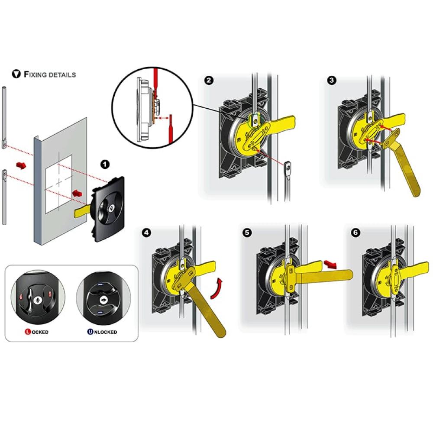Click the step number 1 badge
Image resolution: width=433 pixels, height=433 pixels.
pos(105,164)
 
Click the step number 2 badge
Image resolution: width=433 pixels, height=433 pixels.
pos(209,81)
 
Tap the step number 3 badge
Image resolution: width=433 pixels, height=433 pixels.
pos(331,81)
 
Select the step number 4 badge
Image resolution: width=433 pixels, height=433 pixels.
pos(146,233)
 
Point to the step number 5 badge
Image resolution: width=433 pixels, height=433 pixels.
pos(247,233)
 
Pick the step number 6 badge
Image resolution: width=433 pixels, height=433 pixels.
pos(355,233)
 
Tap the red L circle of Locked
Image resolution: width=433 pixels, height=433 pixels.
pos(28,332)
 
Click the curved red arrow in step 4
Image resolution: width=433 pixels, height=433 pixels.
pos(217,288)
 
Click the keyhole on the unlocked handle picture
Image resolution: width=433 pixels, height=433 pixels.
pos(103,300)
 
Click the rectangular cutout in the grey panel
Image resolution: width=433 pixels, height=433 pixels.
pos(58,184)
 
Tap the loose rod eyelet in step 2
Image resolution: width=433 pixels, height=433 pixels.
pos(287,167)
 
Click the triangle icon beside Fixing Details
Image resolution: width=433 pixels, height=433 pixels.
pos(16,74)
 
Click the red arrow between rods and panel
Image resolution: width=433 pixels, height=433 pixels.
pos(21,165)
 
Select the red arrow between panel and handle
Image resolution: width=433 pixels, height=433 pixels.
pos(78,193)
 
